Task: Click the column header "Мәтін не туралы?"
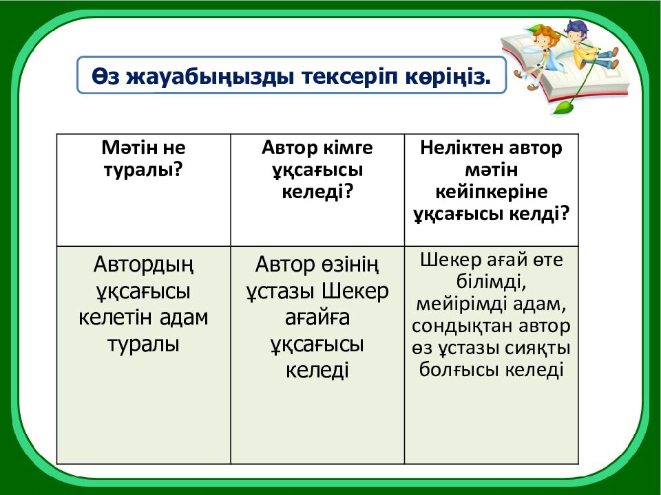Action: pyautogui.click(x=143, y=158)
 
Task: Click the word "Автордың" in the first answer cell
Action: pyautogui.click(x=143, y=264)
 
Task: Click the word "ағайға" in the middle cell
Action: pyautogui.click(x=317, y=318)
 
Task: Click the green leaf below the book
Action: pyautogui.click(x=564, y=107)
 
